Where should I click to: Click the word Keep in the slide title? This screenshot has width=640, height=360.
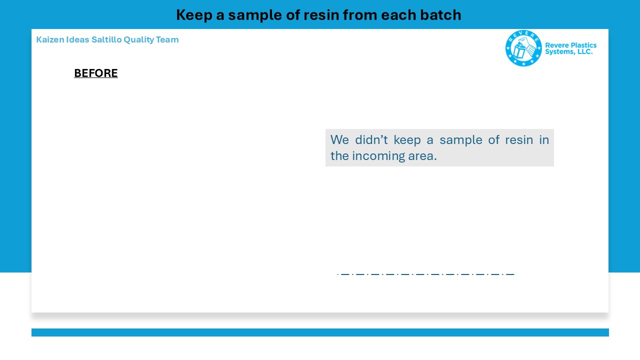(x=194, y=15)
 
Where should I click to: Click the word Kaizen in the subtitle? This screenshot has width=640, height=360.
(x=50, y=39)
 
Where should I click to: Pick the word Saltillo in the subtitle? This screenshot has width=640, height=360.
(x=106, y=39)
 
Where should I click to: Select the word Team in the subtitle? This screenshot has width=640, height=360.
(x=167, y=39)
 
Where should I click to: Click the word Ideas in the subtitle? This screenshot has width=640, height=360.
(x=77, y=39)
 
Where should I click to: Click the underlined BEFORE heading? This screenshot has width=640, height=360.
(x=96, y=73)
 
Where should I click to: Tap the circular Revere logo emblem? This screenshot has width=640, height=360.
(x=523, y=48)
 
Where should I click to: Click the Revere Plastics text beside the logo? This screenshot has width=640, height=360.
(x=570, y=45)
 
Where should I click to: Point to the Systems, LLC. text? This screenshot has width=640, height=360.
(x=568, y=51)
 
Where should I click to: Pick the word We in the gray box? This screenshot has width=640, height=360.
(x=339, y=139)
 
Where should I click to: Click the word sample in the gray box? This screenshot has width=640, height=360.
(x=461, y=140)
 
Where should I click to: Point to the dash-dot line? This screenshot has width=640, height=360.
(x=425, y=274)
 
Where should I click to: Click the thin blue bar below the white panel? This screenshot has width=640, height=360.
(x=320, y=332)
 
